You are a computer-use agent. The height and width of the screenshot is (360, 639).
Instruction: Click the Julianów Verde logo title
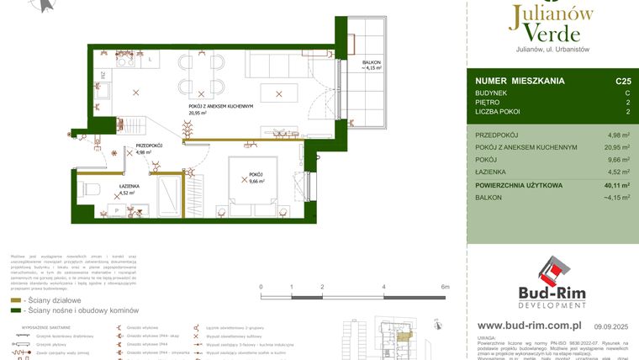550,23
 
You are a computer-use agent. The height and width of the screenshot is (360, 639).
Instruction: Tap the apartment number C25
623,82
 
